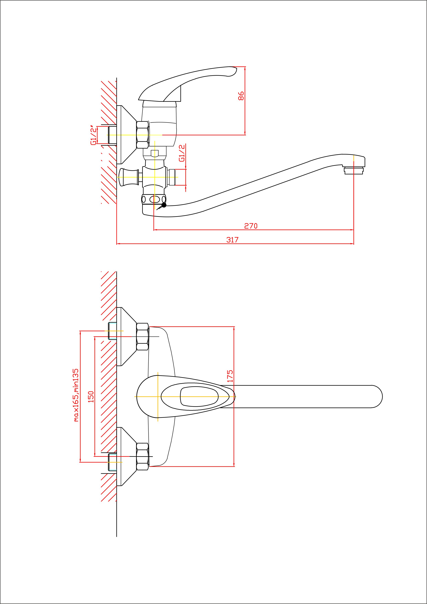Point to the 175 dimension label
(x=230, y=376)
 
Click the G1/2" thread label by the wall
(x=93, y=135)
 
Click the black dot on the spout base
(x=164, y=205)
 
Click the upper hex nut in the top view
(x=142, y=337)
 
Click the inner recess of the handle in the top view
(x=199, y=397)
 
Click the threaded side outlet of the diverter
(x=172, y=177)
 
